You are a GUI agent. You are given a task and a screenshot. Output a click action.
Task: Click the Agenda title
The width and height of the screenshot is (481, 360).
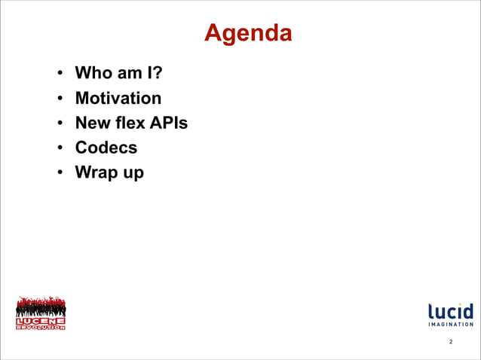click(x=248, y=33)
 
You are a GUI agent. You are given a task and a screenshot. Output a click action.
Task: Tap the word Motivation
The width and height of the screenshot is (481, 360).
click(x=118, y=99)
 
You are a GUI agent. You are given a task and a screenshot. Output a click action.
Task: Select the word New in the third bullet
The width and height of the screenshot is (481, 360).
click(x=92, y=123)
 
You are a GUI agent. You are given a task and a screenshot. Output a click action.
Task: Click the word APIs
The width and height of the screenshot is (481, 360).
click(x=168, y=123)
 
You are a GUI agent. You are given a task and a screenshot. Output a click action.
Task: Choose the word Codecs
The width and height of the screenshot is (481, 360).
click(x=106, y=148)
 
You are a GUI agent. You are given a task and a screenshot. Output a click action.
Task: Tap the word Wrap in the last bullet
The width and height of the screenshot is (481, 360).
click(x=94, y=172)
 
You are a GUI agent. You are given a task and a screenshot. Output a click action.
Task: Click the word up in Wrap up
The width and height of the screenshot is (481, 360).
click(x=131, y=174)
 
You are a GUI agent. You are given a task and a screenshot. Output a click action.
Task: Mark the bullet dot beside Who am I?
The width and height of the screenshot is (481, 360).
click(x=59, y=75)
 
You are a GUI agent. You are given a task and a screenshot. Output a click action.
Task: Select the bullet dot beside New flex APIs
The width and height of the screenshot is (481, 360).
click(x=59, y=124)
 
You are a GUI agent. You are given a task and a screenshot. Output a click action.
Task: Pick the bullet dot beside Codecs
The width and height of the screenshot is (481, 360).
click(x=59, y=148)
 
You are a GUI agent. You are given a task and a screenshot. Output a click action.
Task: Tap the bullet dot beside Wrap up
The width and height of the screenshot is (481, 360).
click(x=59, y=173)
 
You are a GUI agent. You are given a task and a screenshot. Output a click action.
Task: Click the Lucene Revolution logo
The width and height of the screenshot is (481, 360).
click(x=41, y=313)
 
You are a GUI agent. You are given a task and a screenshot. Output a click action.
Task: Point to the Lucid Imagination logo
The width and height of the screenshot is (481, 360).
click(x=451, y=314)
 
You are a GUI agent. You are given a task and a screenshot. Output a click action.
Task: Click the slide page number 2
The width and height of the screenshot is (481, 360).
click(x=451, y=343)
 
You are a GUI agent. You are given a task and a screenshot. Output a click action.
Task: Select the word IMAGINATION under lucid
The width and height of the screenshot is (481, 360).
click(x=451, y=325)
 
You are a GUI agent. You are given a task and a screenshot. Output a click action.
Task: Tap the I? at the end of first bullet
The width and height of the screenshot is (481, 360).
click(x=154, y=74)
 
